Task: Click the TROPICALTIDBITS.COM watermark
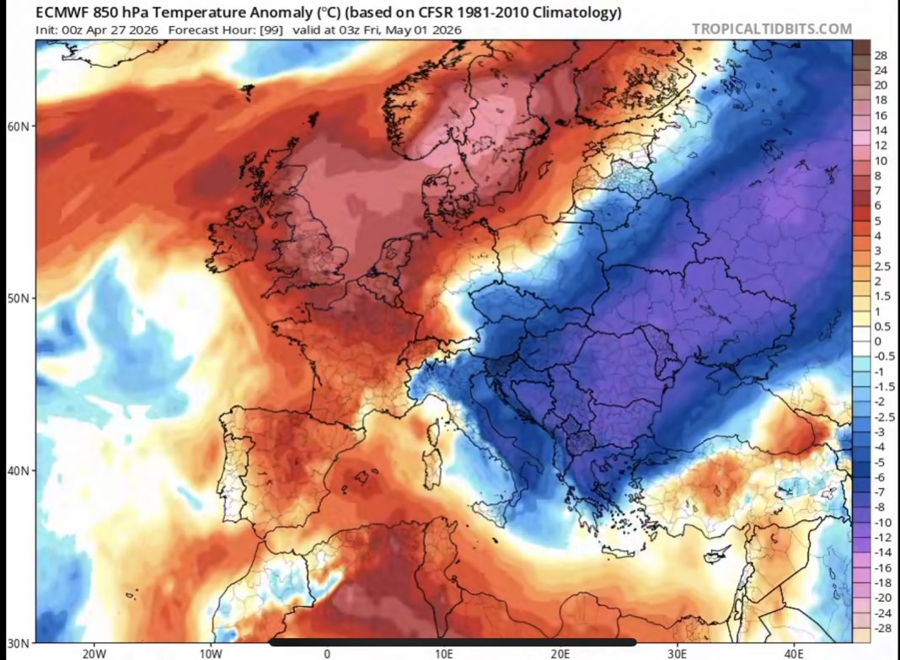tap(772, 29)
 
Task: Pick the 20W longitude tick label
tap(94, 652)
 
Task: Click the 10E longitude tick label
tap(444, 652)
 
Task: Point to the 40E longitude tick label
tap(795, 652)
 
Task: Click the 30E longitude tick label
tap(678, 652)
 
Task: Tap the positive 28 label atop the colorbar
tap(881, 55)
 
